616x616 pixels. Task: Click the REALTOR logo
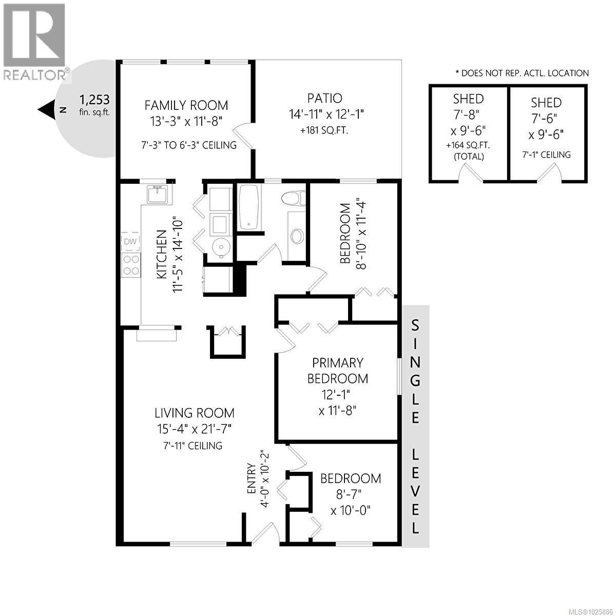(x=34, y=41)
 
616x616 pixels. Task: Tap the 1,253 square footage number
(x=94, y=99)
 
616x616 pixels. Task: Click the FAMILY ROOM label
(x=186, y=105)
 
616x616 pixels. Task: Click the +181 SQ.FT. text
(x=324, y=130)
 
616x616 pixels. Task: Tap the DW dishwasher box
(x=130, y=241)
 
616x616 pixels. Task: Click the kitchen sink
(x=157, y=195)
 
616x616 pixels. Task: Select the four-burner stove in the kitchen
(x=131, y=265)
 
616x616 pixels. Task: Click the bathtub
(x=249, y=207)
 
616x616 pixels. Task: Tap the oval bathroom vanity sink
(x=297, y=236)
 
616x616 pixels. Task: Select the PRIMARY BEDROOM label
(x=337, y=371)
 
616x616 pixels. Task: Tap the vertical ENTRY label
(x=252, y=478)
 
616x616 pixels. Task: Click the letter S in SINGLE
(x=415, y=325)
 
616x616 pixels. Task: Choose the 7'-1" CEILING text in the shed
(x=546, y=155)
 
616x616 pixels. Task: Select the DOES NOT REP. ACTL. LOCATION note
(x=522, y=73)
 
